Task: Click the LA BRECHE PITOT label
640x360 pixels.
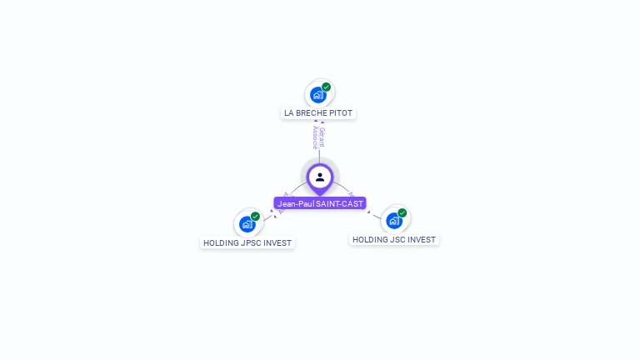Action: pyautogui.click(x=318, y=112)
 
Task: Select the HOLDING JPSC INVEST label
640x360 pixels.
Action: pyautogui.click(x=247, y=243)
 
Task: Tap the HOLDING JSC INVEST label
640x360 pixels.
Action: pyautogui.click(x=393, y=239)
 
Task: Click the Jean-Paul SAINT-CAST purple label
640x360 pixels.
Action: pyautogui.click(x=320, y=203)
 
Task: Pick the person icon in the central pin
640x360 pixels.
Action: pyautogui.click(x=320, y=177)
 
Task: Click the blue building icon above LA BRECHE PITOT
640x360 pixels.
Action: pyautogui.click(x=317, y=95)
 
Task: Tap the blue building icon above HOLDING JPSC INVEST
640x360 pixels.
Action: pyautogui.click(x=247, y=224)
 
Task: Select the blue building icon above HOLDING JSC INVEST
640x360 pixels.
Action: pyautogui.click(x=394, y=221)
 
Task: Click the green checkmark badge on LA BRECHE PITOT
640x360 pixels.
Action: pyautogui.click(x=327, y=87)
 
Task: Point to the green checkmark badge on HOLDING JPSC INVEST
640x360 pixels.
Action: pyautogui.click(x=256, y=217)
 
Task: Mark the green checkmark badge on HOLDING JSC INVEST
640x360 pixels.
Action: pyautogui.click(x=402, y=213)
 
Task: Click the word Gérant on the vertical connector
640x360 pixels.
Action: pyautogui.click(x=322, y=137)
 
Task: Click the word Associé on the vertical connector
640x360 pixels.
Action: pyautogui.click(x=316, y=137)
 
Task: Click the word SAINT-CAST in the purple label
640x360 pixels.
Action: pyautogui.click(x=339, y=203)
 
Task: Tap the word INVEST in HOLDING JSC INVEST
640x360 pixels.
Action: pyautogui.click(x=422, y=239)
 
